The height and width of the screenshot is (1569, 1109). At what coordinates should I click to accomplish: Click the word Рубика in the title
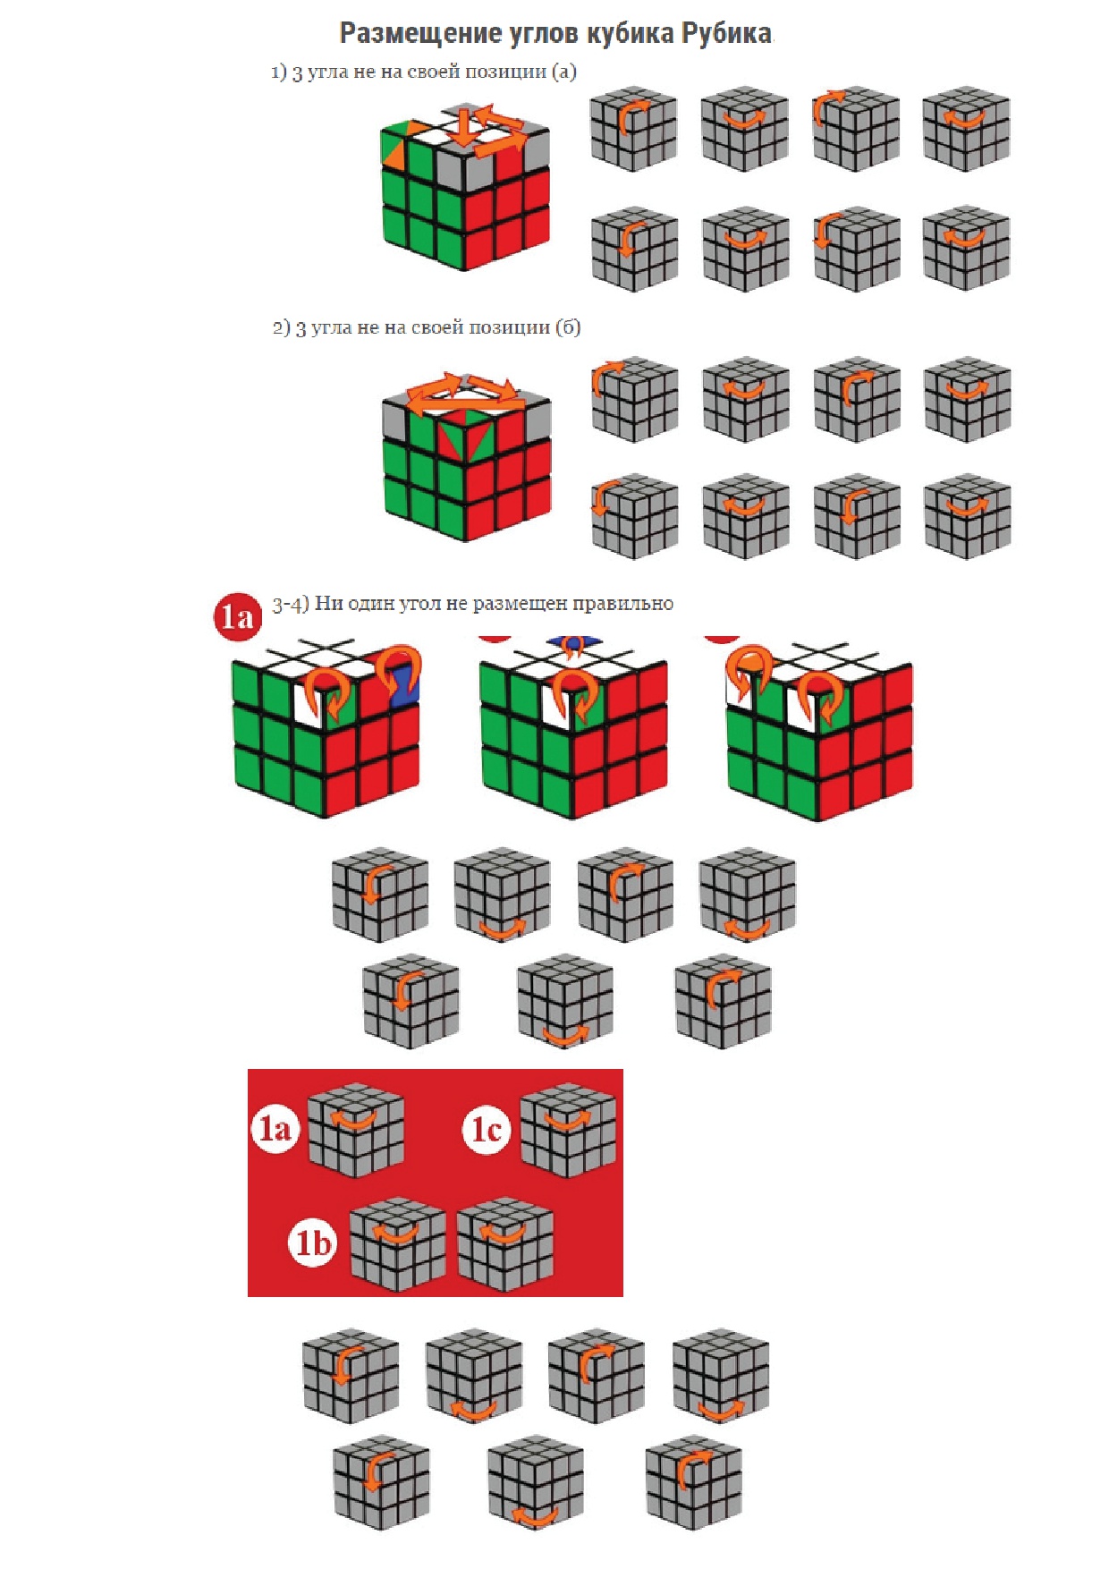click(726, 33)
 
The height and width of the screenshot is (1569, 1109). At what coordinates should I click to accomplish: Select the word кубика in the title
click(631, 34)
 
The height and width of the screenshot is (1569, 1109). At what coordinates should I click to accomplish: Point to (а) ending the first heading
click(564, 72)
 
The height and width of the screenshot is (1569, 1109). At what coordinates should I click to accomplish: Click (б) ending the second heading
click(568, 327)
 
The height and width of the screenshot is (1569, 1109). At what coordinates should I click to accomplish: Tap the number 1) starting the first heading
click(279, 72)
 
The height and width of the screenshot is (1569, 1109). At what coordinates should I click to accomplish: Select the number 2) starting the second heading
click(282, 327)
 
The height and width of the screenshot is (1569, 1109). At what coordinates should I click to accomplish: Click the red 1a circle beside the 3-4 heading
click(238, 616)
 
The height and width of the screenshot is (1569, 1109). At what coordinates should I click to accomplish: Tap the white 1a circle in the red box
click(275, 1129)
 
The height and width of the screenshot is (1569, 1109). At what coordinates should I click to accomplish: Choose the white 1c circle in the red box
click(487, 1129)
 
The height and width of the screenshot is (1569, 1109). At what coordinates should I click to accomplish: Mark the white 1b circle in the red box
click(312, 1242)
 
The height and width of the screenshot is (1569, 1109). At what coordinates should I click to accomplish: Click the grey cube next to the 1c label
click(568, 1130)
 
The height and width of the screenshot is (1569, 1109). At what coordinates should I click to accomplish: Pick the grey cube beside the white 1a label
click(356, 1130)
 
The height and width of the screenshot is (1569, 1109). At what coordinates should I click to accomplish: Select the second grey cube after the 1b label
click(505, 1244)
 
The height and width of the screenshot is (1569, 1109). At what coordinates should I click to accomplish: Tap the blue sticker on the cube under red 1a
click(407, 684)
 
